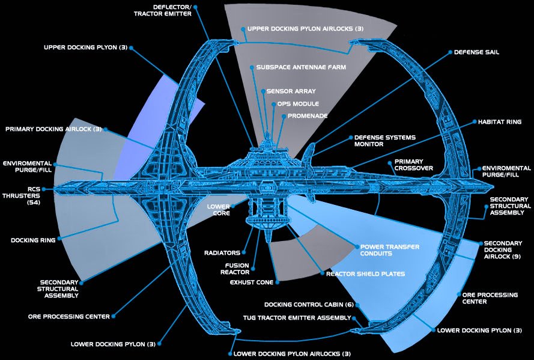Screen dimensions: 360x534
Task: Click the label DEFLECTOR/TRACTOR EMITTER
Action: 164,10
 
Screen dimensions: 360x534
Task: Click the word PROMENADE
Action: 308,115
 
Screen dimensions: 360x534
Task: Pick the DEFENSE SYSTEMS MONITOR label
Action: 384,141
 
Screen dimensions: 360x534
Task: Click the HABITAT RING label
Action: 499,122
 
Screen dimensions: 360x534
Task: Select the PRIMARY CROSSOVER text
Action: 409,165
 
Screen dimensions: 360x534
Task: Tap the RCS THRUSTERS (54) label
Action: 19,195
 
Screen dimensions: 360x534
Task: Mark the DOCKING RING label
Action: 33,240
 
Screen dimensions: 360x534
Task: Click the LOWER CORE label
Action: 219,209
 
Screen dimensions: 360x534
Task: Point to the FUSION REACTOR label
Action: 237,269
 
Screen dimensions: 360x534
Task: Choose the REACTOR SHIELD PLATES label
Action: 365,274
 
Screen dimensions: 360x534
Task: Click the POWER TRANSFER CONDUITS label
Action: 389,250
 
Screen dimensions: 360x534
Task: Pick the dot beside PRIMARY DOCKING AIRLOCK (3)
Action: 105,129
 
